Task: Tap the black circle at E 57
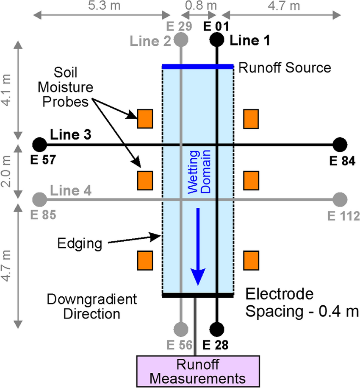click(39, 145)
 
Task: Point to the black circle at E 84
click(339, 145)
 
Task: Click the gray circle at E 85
click(39, 198)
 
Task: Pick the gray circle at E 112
click(339, 198)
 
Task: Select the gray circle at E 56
click(181, 329)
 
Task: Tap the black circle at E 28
click(217, 329)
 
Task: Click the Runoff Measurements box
click(196, 370)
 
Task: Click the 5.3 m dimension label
click(101, 6)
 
